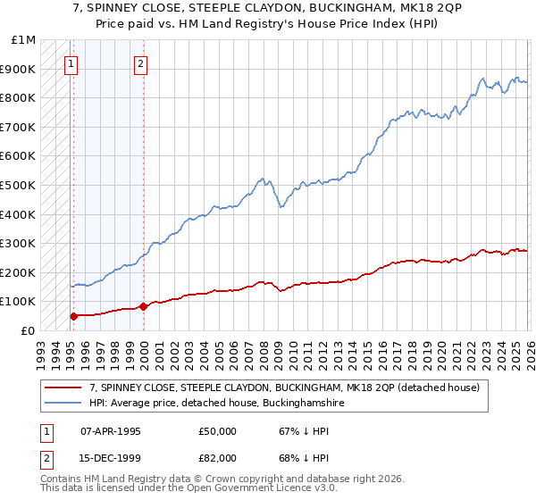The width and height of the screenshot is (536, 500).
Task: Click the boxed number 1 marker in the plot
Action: (71, 63)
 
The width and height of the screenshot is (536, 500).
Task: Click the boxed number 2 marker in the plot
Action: (141, 63)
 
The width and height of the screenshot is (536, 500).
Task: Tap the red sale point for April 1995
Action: (73, 315)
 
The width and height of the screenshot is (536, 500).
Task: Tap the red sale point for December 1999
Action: (143, 306)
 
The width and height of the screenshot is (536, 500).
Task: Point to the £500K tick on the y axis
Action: (18, 185)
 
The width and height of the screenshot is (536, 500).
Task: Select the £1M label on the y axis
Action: (24, 40)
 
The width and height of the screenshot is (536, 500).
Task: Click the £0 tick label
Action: (28, 330)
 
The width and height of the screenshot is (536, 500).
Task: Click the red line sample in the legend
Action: (63, 387)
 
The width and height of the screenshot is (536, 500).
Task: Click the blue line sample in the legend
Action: (63, 404)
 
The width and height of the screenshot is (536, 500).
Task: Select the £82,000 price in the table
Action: (217, 458)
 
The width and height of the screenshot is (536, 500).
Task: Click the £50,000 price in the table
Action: (217, 431)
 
